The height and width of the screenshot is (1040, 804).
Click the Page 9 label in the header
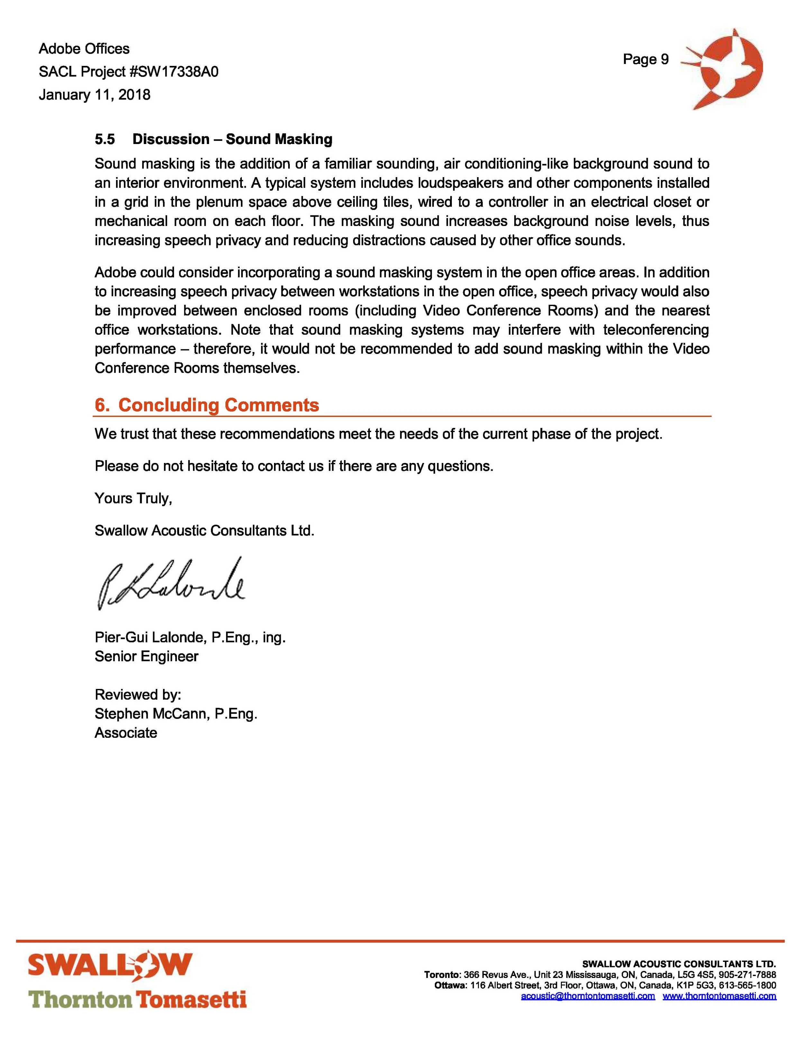pos(645,59)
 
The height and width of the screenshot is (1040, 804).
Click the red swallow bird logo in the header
pos(724,69)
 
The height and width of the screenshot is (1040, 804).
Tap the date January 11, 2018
pos(94,95)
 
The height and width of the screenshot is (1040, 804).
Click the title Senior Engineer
pos(146,657)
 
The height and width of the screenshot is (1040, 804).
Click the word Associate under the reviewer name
pos(126,733)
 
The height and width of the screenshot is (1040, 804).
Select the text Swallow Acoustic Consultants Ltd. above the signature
pos(204,531)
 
